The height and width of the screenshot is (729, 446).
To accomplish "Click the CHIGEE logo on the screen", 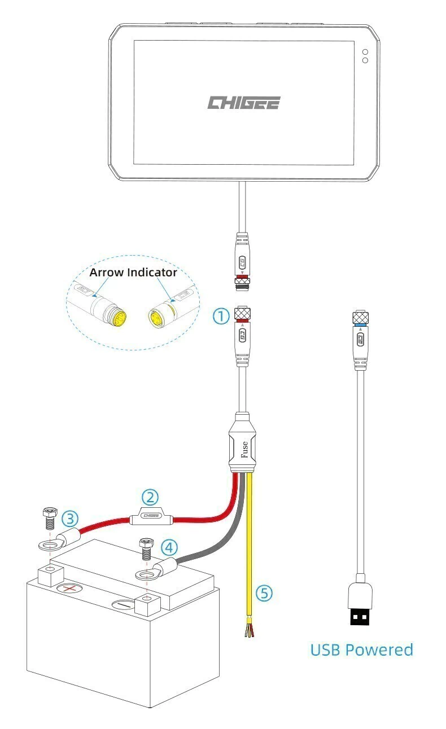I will (243, 103).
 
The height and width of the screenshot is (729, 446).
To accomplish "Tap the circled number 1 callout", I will (221, 316).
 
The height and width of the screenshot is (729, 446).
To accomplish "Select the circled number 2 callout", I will (150, 497).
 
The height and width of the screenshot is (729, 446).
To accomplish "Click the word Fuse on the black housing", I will (244, 451).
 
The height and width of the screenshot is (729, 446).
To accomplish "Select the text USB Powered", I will (361, 649).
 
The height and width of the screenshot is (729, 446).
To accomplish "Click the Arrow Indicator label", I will (133, 273).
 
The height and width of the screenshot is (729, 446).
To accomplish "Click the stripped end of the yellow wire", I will (248, 629).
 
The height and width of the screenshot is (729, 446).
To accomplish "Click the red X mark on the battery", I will (70, 589).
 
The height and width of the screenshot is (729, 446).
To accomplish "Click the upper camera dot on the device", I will (365, 51).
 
